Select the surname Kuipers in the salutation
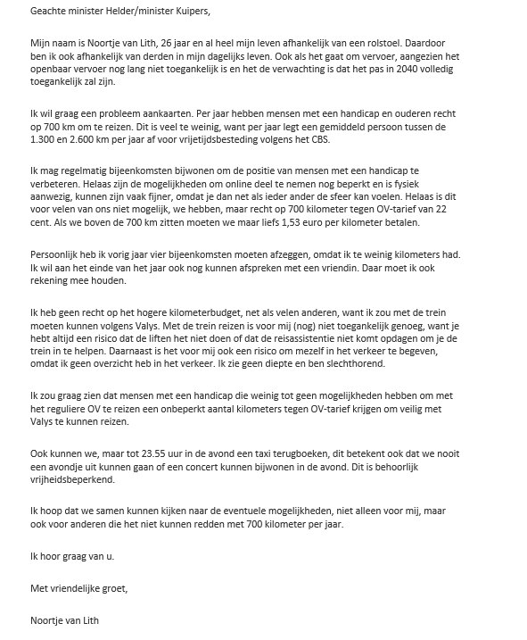pos(189,12)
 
